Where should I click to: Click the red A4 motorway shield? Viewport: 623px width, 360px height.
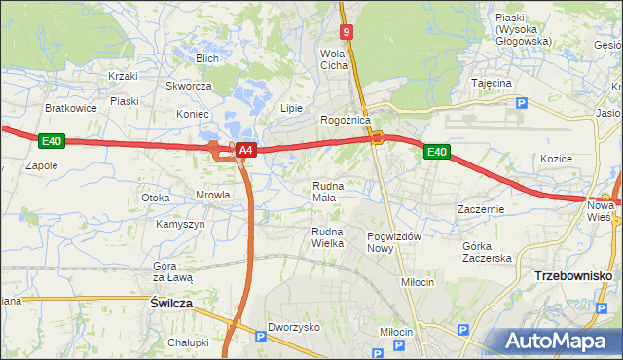coord(246,150)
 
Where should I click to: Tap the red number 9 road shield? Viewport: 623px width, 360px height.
coord(348,32)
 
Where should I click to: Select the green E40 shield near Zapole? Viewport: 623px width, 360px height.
coord(53,142)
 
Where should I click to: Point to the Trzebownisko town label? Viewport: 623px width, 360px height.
coord(573,276)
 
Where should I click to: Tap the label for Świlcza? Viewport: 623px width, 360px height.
coord(171,304)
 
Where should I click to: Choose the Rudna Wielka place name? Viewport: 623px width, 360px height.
coord(327,236)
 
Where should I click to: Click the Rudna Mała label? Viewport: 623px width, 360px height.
coord(324,191)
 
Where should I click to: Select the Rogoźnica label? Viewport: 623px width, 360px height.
coord(345,120)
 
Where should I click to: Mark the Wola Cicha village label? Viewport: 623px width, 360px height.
coord(334,59)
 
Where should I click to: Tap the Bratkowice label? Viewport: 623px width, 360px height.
coord(71,108)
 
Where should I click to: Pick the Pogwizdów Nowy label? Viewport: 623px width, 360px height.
coord(393,242)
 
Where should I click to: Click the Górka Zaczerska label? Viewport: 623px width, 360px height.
coord(487,252)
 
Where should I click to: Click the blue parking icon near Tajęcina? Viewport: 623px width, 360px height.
coord(521,103)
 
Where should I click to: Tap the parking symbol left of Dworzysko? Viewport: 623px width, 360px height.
coord(259,337)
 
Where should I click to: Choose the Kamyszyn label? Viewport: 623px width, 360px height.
coord(180,224)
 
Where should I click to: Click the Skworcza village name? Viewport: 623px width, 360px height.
coord(189,86)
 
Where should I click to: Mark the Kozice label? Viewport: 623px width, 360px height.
coord(555,158)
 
